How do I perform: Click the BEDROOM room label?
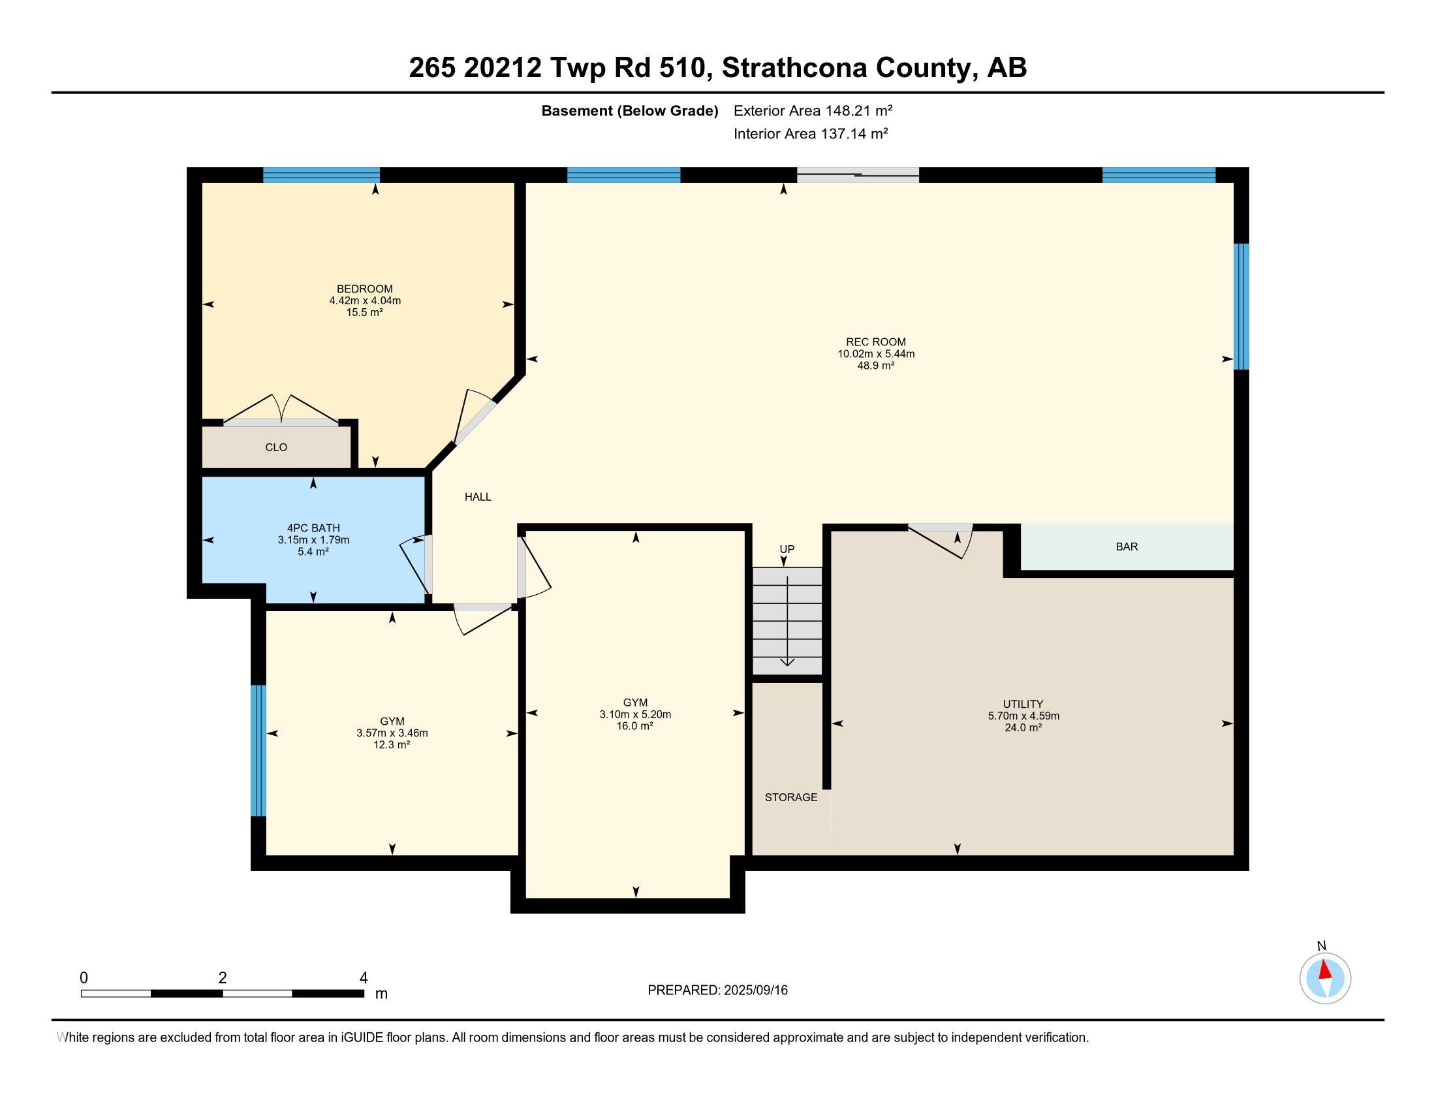(x=364, y=289)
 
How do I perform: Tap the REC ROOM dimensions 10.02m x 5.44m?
(x=875, y=354)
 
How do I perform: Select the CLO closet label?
(x=275, y=447)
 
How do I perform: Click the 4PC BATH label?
(x=313, y=528)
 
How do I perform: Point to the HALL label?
(x=477, y=497)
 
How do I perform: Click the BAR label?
(x=1127, y=547)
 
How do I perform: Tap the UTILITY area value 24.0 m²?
(x=1022, y=728)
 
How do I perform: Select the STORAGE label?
(x=790, y=798)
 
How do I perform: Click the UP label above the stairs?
(x=787, y=549)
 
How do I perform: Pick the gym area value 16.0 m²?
(x=634, y=727)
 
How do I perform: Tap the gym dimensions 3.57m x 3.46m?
(x=392, y=733)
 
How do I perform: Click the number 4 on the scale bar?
(x=363, y=978)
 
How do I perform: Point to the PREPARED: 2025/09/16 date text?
(x=717, y=991)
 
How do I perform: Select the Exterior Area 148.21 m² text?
(x=813, y=110)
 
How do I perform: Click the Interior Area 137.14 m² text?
(x=810, y=134)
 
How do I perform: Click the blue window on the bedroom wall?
(x=321, y=174)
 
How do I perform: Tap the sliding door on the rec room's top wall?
(x=858, y=174)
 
